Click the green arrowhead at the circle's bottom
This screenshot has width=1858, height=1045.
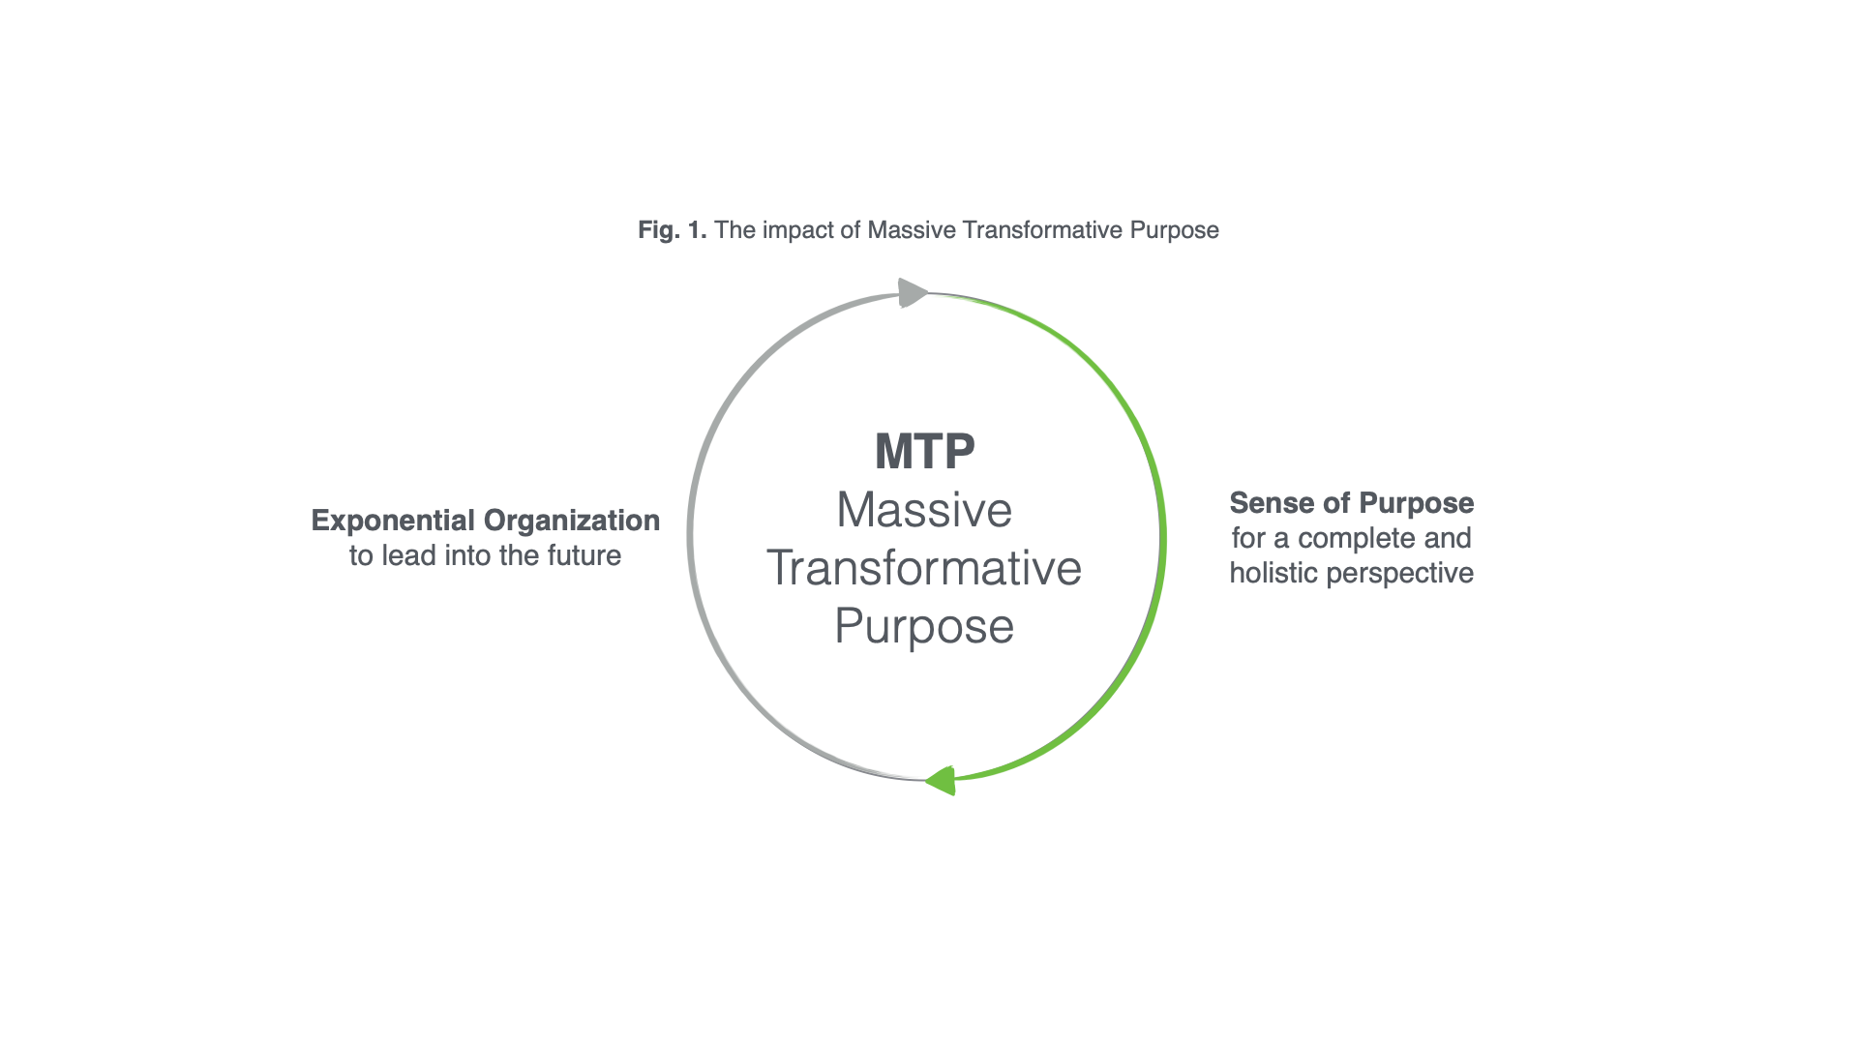tap(941, 780)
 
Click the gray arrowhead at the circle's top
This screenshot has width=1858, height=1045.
tap(913, 292)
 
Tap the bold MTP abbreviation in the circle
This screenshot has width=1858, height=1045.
tap(924, 451)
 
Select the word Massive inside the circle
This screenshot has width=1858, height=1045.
tap(924, 510)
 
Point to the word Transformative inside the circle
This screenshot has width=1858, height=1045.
tap(924, 568)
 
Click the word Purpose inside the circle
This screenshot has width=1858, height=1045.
tap(924, 627)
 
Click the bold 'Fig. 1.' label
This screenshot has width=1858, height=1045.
tap(673, 230)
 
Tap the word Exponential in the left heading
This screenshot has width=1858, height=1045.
tap(393, 521)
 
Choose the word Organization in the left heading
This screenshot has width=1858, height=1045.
tap(572, 521)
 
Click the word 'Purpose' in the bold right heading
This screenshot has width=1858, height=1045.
tap(1417, 504)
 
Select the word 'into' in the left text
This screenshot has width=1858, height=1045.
tap(467, 555)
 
